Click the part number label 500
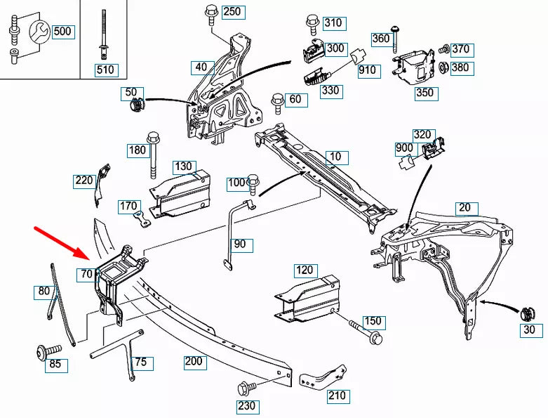(62, 32)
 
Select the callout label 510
(105, 70)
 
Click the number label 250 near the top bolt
(231, 12)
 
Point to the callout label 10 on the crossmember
(336, 157)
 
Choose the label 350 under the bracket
(425, 93)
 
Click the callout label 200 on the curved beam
(194, 363)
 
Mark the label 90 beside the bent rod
(241, 244)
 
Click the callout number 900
(404, 148)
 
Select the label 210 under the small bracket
(337, 396)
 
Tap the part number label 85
(55, 364)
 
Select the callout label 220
(83, 181)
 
